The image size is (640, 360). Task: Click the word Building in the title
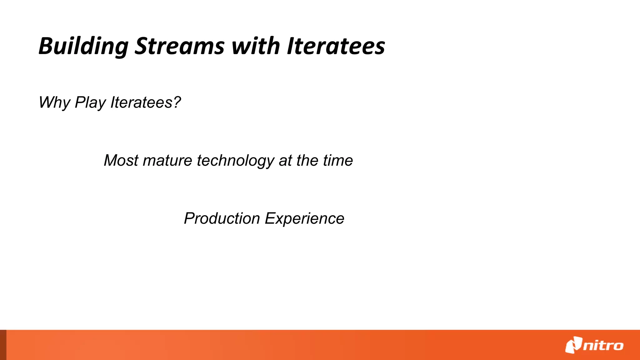(83, 46)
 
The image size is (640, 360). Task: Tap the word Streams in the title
(180, 46)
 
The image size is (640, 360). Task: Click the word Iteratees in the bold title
(336, 46)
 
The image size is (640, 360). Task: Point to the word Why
(54, 102)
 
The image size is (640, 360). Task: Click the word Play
(91, 102)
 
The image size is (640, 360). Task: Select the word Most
(121, 161)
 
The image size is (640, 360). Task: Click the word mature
(167, 161)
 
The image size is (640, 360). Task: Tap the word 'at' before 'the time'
(285, 161)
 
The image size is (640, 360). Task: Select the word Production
(222, 218)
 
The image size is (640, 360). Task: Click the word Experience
(304, 219)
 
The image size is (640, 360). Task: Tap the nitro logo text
(603, 346)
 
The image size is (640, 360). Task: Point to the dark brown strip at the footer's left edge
(3, 345)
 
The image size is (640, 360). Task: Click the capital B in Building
(46, 46)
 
